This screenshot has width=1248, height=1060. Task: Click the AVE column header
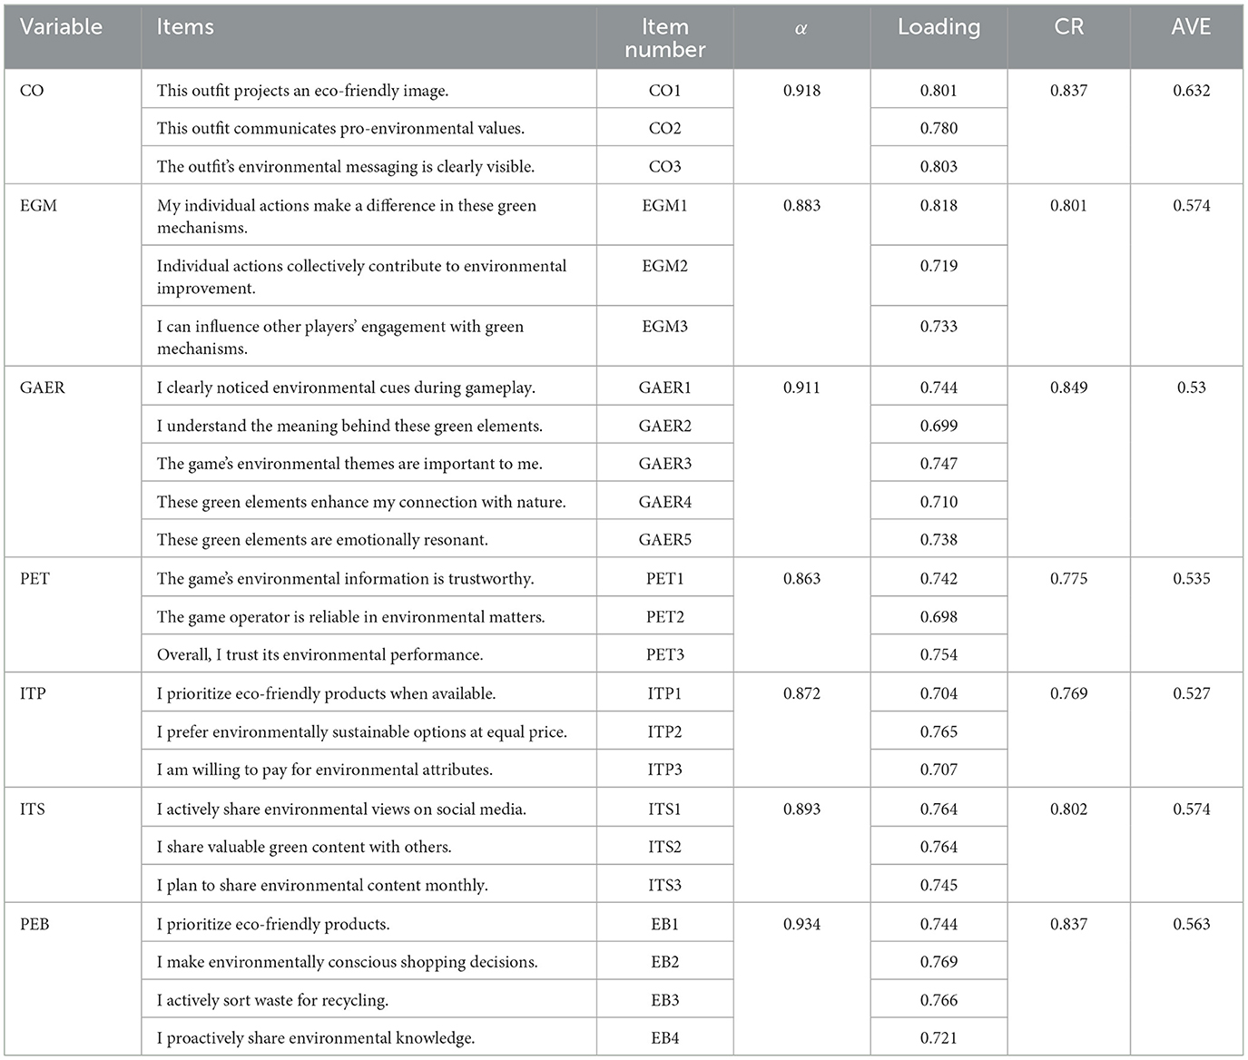tap(1191, 27)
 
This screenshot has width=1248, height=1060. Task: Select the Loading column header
tap(938, 27)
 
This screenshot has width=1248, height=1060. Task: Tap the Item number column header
tap(664, 38)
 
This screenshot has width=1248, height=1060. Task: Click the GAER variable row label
tap(43, 388)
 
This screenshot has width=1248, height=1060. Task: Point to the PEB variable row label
tap(34, 924)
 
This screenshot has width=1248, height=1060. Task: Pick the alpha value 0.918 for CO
tap(801, 91)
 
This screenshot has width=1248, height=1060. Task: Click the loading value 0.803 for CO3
tap(938, 167)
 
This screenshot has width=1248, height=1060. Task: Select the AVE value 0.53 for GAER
tap(1191, 388)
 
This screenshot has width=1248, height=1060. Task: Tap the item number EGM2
tap(664, 266)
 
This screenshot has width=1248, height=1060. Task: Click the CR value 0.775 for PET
tap(1068, 579)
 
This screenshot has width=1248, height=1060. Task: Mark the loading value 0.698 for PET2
tap(938, 617)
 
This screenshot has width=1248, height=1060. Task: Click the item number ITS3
tap(664, 885)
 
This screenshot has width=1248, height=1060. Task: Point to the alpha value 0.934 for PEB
tap(801, 924)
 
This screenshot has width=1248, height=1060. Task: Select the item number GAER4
tap(664, 502)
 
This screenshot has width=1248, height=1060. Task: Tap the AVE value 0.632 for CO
tap(1191, 91)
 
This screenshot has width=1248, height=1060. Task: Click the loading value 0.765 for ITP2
tap(938, 731)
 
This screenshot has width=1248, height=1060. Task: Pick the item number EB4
tap(664, 1038)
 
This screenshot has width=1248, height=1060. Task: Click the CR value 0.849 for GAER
tap(1068, 388)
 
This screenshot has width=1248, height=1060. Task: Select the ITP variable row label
tap(33, 693)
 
